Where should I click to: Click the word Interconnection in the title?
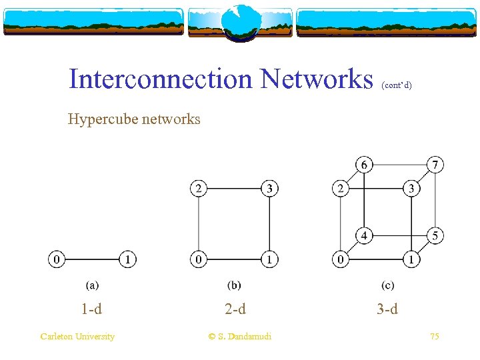[161, 79]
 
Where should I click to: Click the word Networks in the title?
[317, 79]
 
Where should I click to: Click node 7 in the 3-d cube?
[435, 164]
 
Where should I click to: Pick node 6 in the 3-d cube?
[364, 164]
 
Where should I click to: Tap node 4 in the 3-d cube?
[364, 235]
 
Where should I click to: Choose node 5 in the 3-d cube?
[435, 235]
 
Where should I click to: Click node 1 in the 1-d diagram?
[127, 259]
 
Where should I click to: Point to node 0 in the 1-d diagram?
[57, 259]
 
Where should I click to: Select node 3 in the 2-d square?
[269, 189]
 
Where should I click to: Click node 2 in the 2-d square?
[199, 189]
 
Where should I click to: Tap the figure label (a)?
[92, 285]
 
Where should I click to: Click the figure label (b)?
[234, 285]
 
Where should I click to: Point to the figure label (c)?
[387, 285]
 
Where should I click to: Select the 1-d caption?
[91, 309]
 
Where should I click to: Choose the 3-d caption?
[387, 309]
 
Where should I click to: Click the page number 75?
[434, 337]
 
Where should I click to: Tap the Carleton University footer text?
[77, 337]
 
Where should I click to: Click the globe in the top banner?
[239, 22]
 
